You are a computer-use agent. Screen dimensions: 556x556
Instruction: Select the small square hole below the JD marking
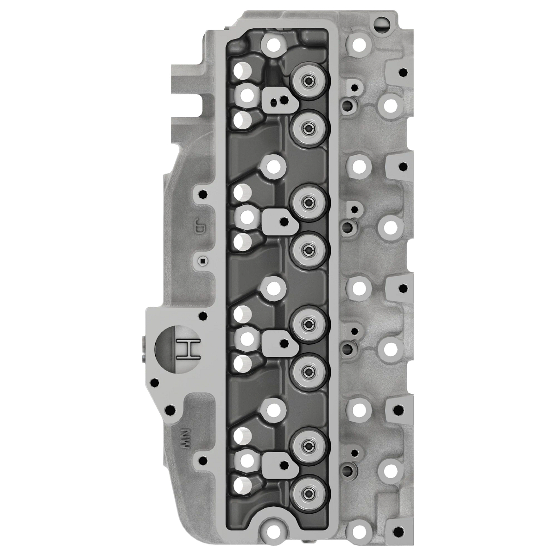[x=202, y=260]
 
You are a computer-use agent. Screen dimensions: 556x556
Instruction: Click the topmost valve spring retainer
[x=308, y=82]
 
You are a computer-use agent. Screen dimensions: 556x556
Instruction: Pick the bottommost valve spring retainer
[x=308, y=493]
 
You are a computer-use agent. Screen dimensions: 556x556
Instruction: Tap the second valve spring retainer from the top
[x=308, y=127]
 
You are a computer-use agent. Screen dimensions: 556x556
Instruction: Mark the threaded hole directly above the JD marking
[x=202, y=194]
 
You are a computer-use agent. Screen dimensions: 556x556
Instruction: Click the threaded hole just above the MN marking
[x=171, y=411]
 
